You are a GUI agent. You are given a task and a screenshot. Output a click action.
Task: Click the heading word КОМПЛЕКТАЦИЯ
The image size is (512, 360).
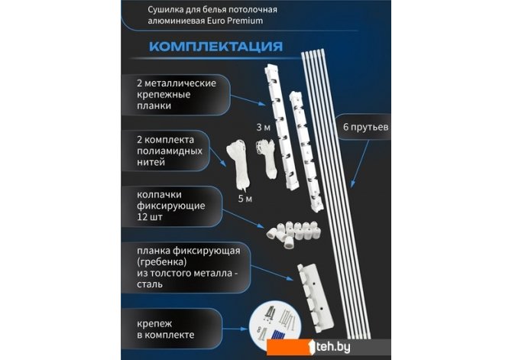click(215, 46)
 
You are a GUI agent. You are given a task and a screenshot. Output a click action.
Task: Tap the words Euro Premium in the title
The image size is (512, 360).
click(235, 21)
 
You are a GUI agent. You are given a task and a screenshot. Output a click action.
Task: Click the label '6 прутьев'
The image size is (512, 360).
click(365, 127)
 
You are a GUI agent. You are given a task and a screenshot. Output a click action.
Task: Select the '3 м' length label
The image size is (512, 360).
click(263, 128)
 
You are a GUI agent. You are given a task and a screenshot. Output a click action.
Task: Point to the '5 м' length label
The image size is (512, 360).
click(245, 199)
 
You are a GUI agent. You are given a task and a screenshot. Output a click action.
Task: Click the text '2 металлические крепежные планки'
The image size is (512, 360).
click(177, 95)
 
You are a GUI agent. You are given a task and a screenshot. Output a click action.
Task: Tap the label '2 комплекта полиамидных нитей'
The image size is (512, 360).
click(170, 151)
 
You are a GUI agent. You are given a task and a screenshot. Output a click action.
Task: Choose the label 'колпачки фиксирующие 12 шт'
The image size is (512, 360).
click(170, 206)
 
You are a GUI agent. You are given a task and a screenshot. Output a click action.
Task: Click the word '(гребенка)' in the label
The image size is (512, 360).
click(162, 262)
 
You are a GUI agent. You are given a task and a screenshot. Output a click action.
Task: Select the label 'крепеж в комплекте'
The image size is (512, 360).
click(166, 329)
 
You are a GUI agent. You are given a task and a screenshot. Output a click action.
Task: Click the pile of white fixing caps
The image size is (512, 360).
click(293, 234)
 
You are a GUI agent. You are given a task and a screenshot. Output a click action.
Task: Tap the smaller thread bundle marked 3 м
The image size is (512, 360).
click(267, 158)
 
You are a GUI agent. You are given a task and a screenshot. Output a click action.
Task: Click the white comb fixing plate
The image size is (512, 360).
click(315, 298)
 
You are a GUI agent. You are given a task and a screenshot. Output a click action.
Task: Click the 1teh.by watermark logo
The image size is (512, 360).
click(329, 347)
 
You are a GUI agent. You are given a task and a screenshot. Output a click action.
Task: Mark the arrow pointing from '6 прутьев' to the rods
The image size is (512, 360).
click(360, 164)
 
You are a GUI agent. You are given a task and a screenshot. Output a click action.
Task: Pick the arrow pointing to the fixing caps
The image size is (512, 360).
click(244, 219)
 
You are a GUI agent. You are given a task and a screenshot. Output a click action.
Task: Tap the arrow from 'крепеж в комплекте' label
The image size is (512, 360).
click(235, 329)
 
